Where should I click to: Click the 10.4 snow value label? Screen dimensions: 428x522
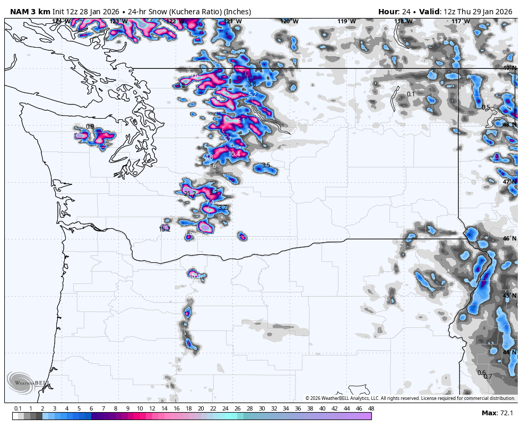click(x=234, y=154)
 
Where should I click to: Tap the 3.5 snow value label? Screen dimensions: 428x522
click(x=266, y=165)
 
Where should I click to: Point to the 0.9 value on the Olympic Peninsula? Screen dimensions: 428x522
click(x=90, y=126)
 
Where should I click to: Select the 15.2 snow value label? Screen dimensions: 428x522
click(x=164, y=229)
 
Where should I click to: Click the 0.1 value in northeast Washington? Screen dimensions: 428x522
click(x=411, y=94)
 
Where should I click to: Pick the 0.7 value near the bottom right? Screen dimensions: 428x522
click(x=488, y=377)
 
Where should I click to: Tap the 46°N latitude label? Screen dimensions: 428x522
click(x=509, y=238)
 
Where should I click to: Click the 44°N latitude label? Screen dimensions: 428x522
click(x=509, y=352)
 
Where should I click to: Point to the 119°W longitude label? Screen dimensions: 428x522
click(x=346, y=21)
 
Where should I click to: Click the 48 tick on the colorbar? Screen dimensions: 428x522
click(x=371, y=408)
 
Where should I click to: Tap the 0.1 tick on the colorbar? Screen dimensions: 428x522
click(x=18, y=408)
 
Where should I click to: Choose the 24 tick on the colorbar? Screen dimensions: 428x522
click(x=225, y=408)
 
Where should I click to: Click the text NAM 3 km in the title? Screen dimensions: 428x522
click(x=30, y=12)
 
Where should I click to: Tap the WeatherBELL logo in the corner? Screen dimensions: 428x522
click(x=27, y=383)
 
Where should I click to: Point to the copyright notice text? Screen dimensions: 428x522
click(x=410, y=398)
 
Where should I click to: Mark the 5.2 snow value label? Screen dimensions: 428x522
click(x=253, y=94)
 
